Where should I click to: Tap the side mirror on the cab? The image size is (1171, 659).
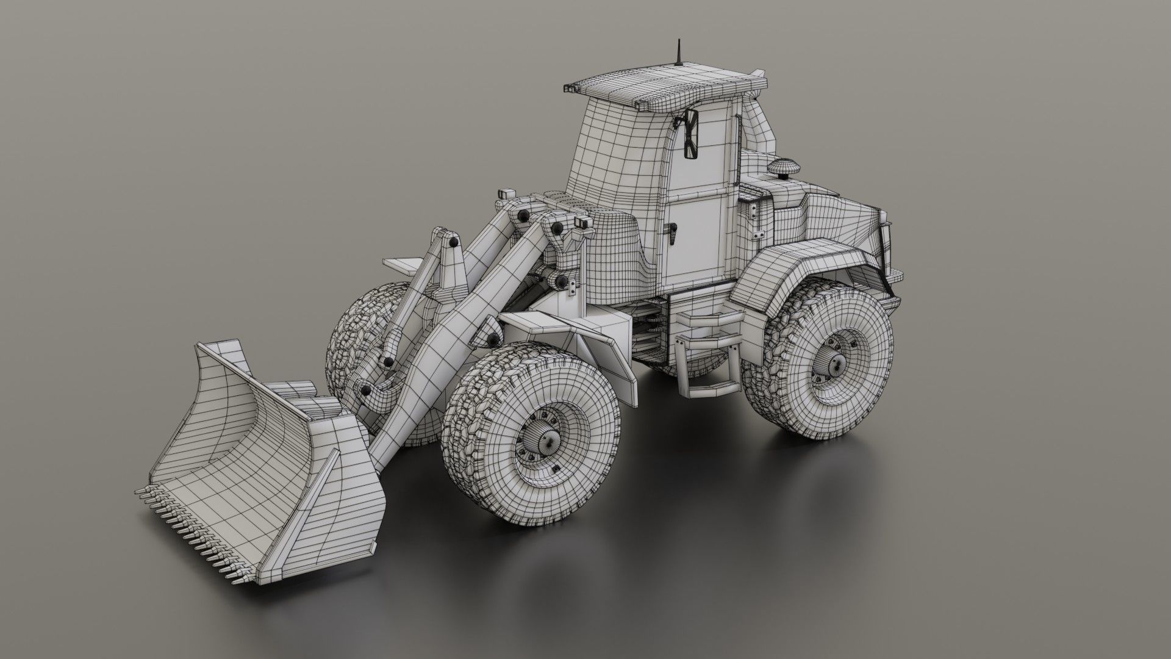pos(691,135)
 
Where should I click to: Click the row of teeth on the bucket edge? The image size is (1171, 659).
pos(195,513)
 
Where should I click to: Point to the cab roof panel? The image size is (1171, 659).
pos(665,85)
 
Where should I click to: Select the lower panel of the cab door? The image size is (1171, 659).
pos(695,244)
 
